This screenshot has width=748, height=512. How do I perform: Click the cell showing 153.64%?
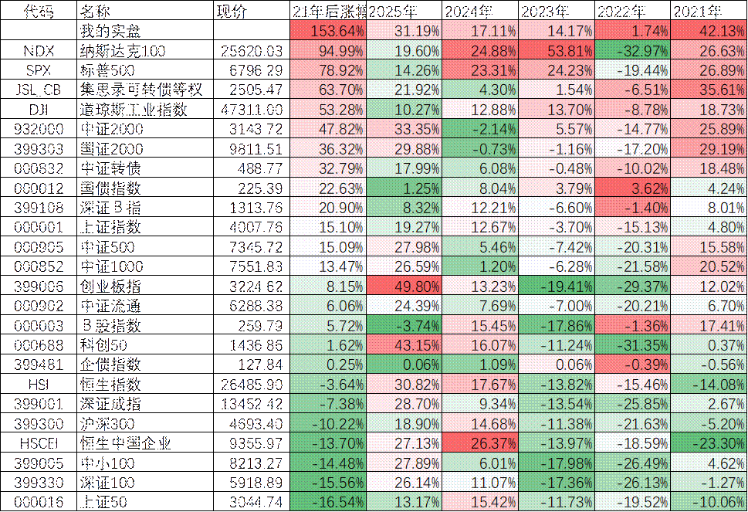click(328, 32)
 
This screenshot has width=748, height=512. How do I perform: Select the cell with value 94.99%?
click(328, 51)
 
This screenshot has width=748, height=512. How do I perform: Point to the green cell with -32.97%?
click(632, 51)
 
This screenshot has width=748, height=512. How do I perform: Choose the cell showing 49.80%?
click(404, 287)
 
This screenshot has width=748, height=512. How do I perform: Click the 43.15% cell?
click(404, 344)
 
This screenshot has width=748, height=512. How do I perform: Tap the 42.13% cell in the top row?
click(709, 32)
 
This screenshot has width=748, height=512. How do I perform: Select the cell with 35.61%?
click(709, 90)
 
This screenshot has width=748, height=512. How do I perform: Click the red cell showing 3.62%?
click(632, 188)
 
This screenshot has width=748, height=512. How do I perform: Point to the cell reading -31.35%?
click(632, 344)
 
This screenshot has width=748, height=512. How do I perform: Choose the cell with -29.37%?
click(632, 287)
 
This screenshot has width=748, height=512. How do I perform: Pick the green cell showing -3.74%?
click(404, 325)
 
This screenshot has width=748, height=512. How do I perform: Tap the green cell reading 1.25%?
click(404, 188)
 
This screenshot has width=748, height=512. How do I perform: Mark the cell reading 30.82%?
click(404, 384)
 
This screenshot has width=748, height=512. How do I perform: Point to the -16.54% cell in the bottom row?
click(328, 501)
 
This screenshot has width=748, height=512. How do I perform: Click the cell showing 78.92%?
click(328, 70)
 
